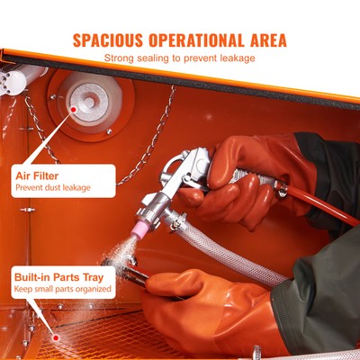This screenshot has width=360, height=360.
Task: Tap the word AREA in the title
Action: (x=265, y=40)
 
